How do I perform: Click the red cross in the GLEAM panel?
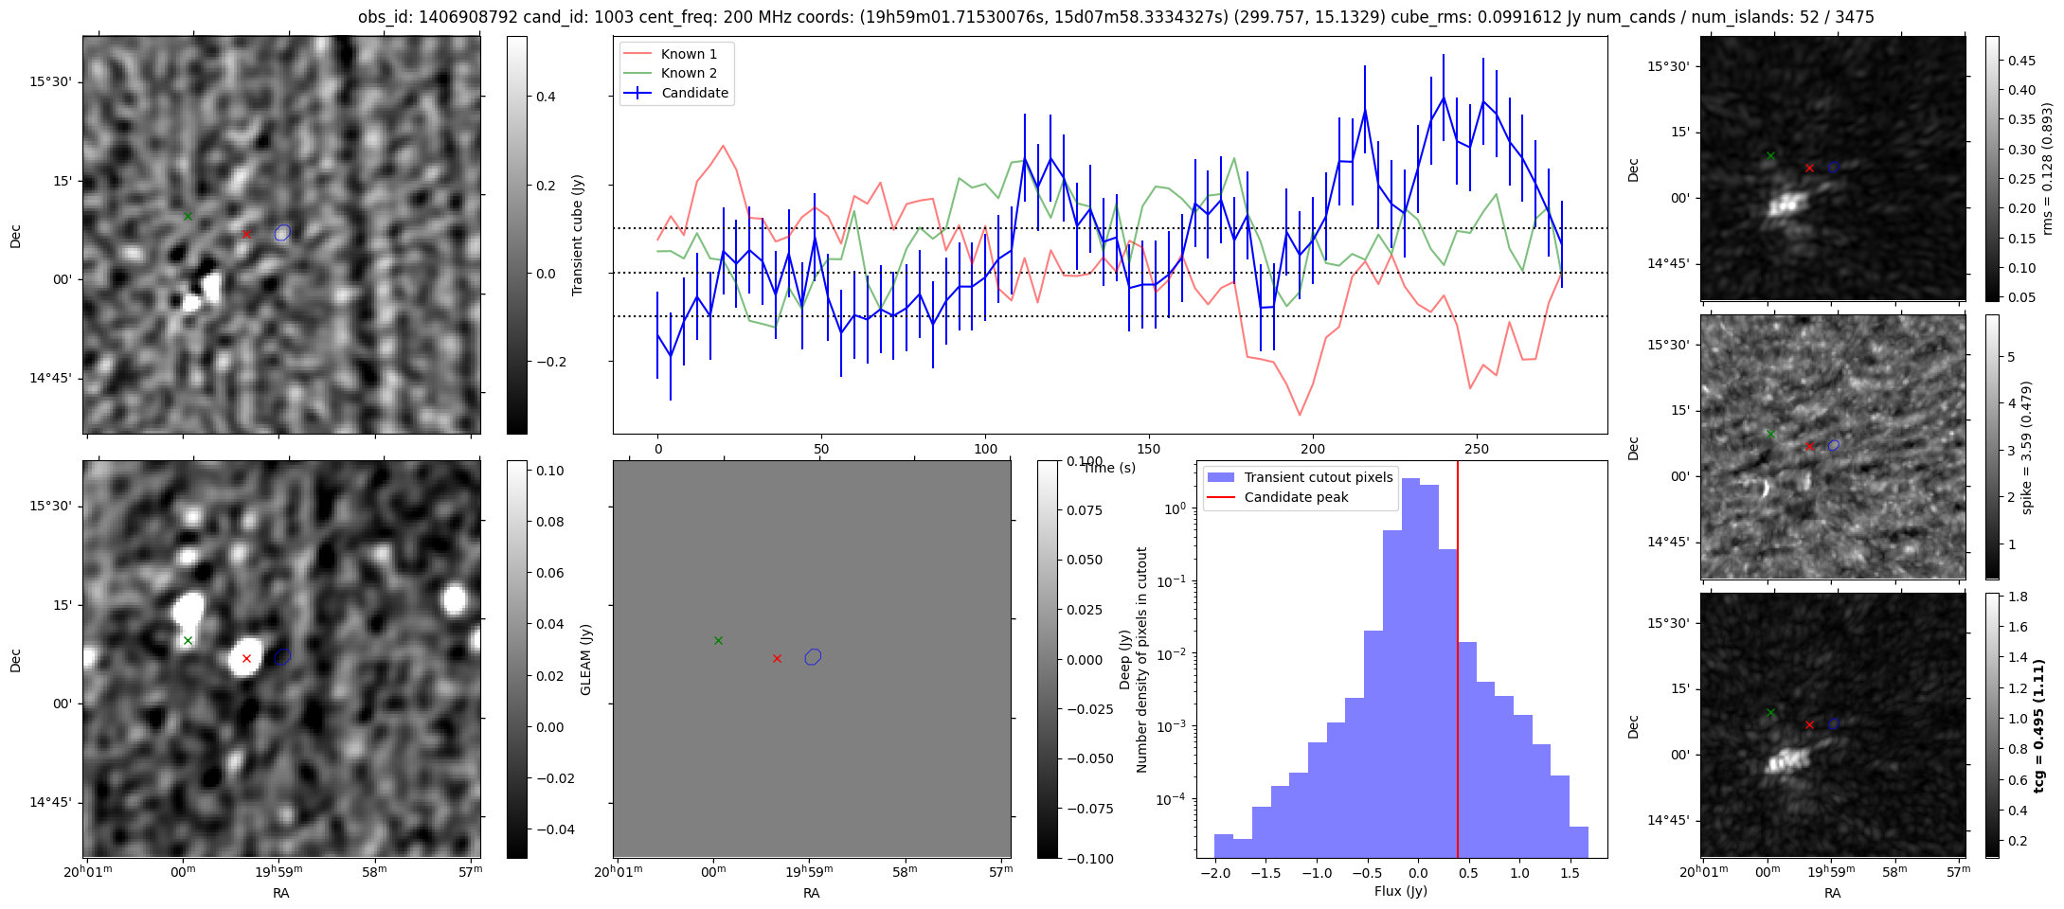777,658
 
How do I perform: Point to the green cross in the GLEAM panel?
718,641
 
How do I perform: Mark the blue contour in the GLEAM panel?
813,656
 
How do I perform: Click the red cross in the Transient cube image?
246,234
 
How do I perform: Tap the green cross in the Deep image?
188,641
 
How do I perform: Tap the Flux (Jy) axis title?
1400,891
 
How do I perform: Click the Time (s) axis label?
1109,468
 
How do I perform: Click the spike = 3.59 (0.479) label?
2026,447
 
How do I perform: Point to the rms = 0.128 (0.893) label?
2047,169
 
